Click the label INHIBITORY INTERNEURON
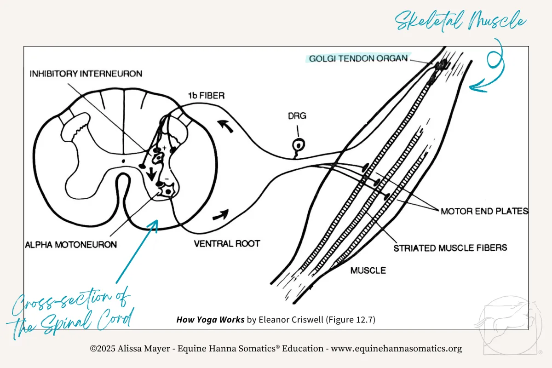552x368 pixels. [x=86, y=74]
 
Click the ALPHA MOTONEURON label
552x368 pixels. [x=71, y=244]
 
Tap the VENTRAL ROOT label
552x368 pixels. [x=227, y=243]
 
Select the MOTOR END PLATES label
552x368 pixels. [x=484, y=212]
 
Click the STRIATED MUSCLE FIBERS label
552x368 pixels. [x=450, y=248]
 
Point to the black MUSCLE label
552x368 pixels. [x=368, y=270]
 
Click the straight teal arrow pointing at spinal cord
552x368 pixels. [x=137, y=251]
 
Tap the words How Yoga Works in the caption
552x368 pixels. [x=210, y=319]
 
